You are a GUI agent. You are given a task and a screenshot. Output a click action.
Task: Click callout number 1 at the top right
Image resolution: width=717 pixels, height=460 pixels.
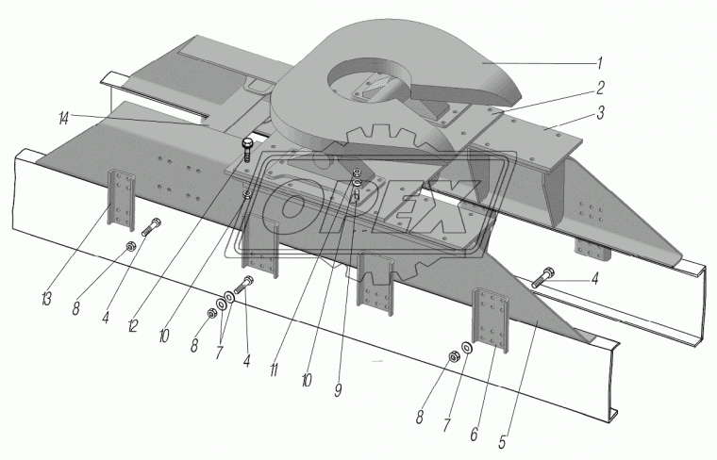[x=600, y=63]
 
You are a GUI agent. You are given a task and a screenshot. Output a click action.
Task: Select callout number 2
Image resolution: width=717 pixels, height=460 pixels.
[x=600, y=88]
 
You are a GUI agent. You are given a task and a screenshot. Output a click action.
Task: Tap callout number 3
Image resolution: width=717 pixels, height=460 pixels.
[x=600, y=112]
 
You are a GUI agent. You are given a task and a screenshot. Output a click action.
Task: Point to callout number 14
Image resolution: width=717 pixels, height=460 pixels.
[x=63, y=119]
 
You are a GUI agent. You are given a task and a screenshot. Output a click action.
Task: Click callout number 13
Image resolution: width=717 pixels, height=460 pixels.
[x=45, y=300]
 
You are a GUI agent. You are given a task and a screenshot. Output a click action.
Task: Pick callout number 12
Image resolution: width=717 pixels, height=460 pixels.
[x=133, y=326]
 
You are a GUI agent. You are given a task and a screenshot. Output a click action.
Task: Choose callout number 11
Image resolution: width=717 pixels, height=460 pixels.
[x=274, y=370]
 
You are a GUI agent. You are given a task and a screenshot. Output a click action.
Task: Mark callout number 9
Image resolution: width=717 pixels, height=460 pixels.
[x=338, y=390]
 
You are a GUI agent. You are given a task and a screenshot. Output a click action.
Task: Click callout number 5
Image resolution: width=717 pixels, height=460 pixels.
[x=502, y=442]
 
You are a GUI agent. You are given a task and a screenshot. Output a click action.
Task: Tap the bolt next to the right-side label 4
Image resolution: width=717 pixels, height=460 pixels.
[x=542, y=278]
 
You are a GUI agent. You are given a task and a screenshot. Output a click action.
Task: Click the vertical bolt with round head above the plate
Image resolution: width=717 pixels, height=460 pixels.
[x=247, y=148]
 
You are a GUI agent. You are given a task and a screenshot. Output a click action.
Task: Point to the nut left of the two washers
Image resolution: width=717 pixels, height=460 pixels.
[x=211, y=313]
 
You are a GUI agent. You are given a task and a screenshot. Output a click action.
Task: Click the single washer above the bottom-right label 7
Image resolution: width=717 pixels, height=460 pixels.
[x=467, y=347]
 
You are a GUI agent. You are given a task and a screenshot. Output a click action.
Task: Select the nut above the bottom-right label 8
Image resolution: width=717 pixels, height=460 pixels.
[x=453, y=356]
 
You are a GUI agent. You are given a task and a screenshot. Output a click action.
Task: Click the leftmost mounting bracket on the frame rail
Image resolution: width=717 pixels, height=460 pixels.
[x=121, y=199]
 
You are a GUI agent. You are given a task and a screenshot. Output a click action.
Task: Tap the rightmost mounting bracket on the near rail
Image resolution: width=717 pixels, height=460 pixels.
[x=491, y=320]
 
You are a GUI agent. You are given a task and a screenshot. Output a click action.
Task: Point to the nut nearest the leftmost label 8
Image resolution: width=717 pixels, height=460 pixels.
[x=129, y=247]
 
